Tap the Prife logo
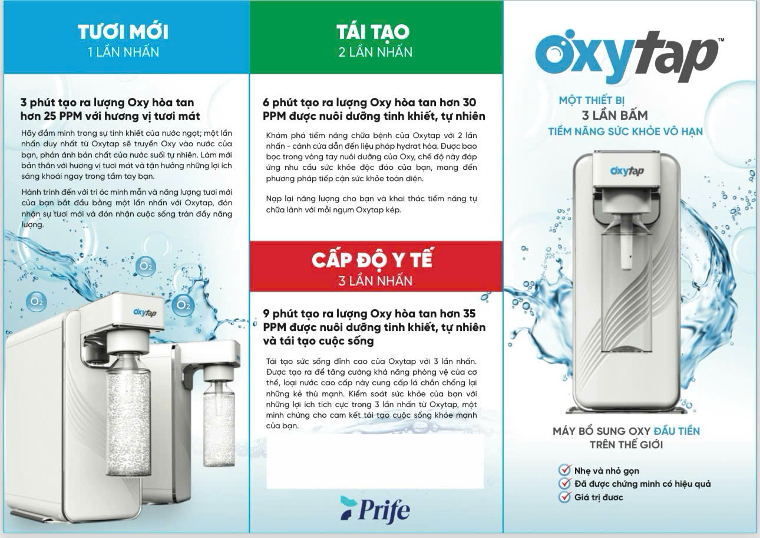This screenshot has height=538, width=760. point(375,510)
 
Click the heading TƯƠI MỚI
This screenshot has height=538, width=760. point(123,32)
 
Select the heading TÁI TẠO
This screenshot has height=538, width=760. point(373,32)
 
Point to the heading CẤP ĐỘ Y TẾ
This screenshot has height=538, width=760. point(373,260)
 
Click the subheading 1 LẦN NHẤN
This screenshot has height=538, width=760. point(124,52)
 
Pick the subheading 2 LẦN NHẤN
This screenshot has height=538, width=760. point(375,52)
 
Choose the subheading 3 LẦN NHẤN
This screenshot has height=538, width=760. point(375,281)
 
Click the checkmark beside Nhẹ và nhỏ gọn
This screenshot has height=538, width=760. point(564,470)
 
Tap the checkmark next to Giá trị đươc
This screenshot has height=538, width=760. point(564,497)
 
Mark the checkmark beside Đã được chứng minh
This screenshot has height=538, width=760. point(564,483)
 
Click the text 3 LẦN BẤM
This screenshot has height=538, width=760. point(615,116)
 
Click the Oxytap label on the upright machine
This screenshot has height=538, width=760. point(627,171)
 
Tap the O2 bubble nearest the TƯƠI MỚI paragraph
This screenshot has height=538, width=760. point(146,266)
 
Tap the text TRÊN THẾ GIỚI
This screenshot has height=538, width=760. point(626,445)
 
